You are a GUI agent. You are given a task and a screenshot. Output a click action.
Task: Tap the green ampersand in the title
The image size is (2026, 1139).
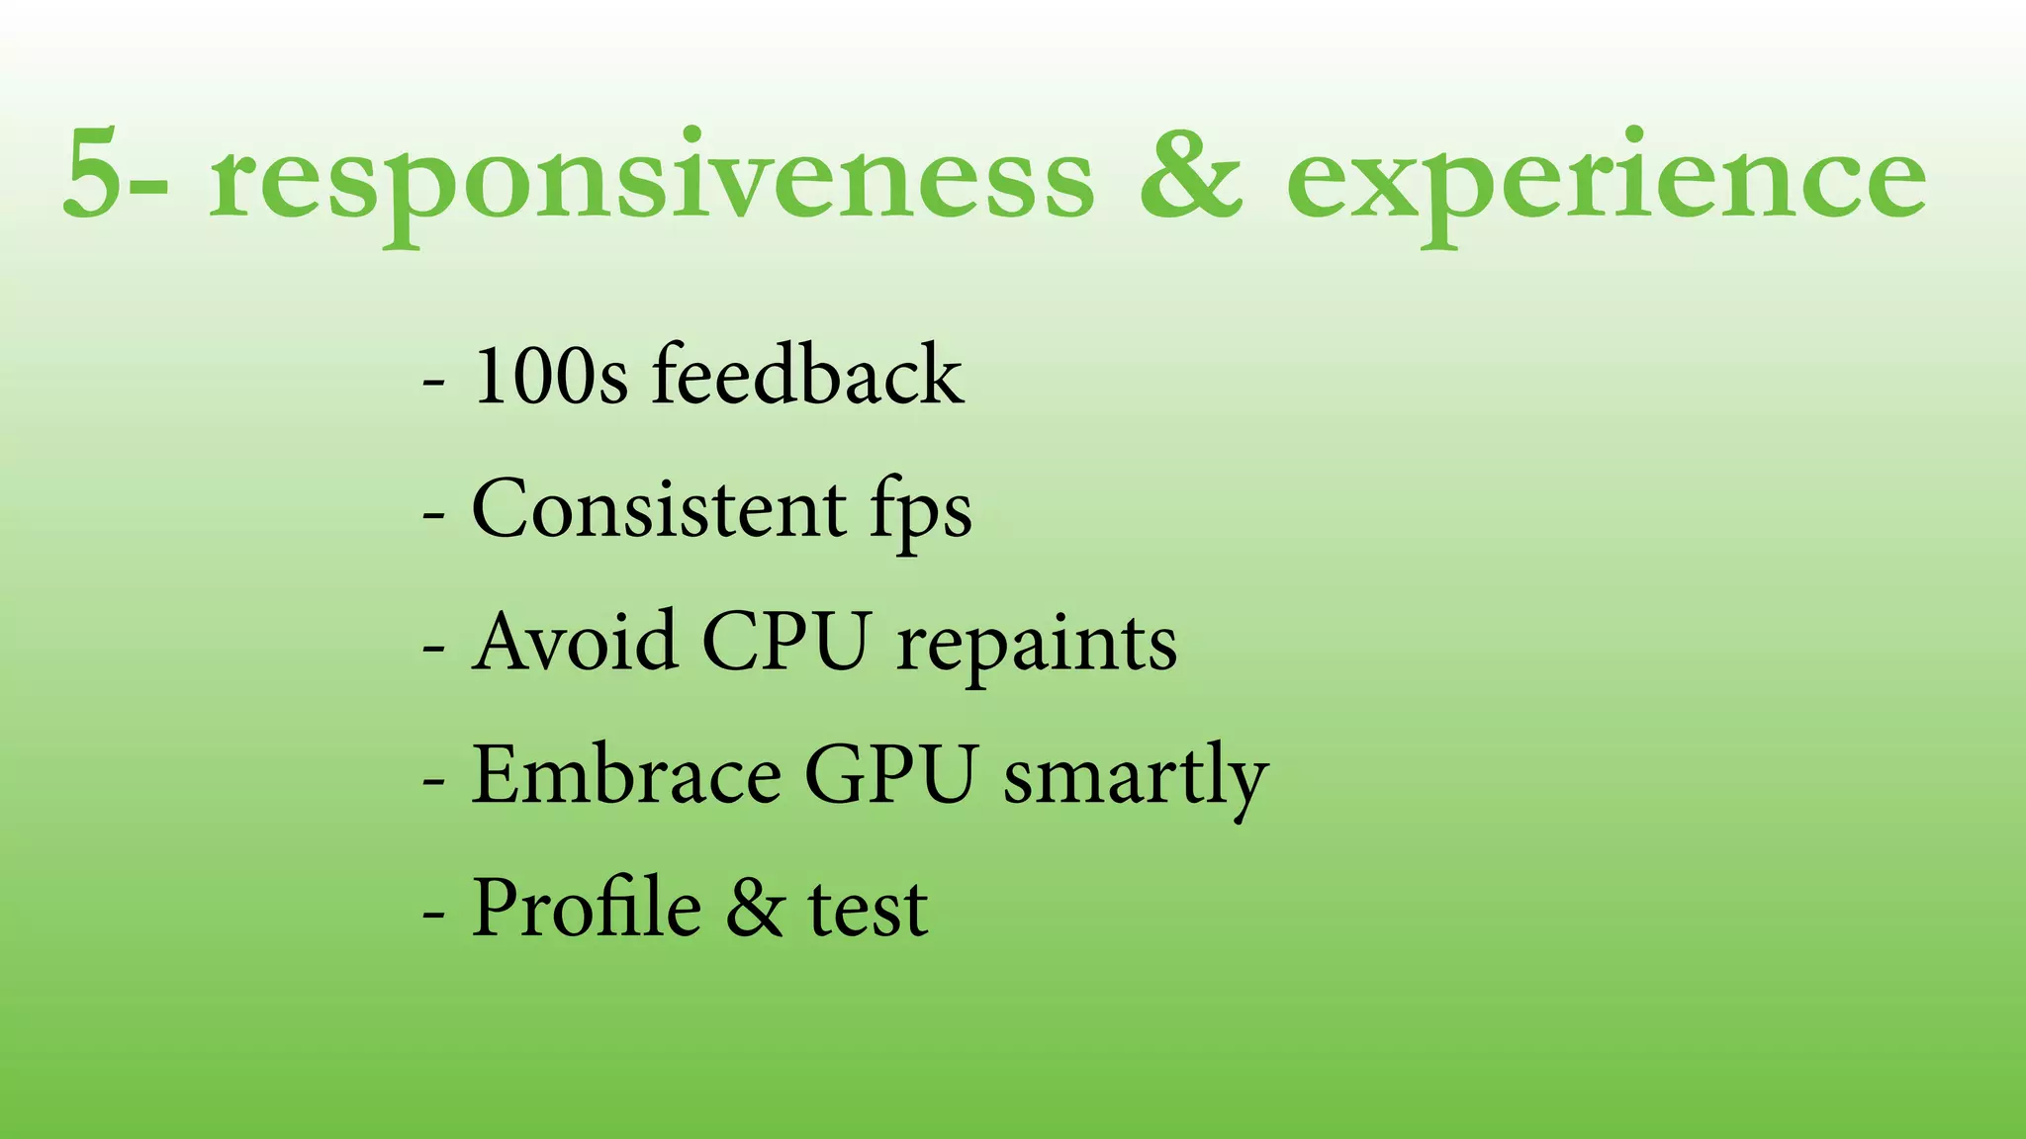pyautogui.click(x=1190, y=175)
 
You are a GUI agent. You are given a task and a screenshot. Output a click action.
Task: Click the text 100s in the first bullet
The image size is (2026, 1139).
pyautogui.click(x=550, y=376)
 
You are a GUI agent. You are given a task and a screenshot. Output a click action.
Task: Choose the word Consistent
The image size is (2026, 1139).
pyautogui.click(x=659, y=508)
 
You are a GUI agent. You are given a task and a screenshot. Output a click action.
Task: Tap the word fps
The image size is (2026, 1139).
pyautogui.click(x=921, y=512)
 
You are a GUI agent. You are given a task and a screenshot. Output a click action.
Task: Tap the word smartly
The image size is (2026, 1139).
pyautogui.click(x=1136, y=779)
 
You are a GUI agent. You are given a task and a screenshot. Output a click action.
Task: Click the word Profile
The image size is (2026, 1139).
pyautogui.click(x=587, y=907)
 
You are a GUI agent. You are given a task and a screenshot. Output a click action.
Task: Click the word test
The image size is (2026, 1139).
pyautogui.click(x=869, y=910)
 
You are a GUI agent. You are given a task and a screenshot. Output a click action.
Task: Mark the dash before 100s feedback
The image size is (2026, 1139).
pyautogui.click(x=432, y=381)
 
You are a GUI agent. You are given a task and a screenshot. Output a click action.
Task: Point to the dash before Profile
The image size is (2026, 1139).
pyautogui.click(x=432, y=912)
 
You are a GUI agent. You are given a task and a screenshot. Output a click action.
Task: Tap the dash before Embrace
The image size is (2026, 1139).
pyautogui.click(x=432, y=779)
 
